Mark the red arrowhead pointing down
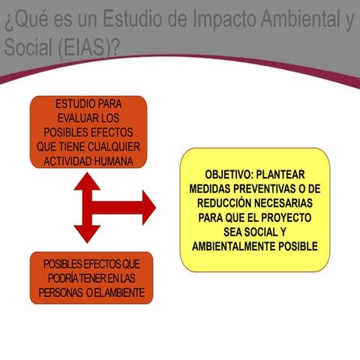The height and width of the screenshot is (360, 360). pos(88,237)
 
